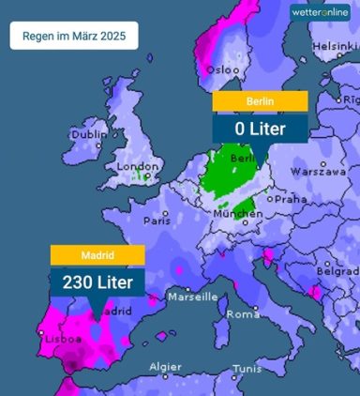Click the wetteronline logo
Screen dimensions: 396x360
320,12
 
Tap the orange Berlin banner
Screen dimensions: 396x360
260,100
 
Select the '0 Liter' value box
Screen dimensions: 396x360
260,127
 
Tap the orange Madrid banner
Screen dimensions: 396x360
97,254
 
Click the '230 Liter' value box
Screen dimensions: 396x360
97,281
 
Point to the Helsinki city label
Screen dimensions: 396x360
335,45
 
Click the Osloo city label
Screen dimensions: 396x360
223,69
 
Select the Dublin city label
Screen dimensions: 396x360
90,134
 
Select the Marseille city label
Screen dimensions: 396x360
192,297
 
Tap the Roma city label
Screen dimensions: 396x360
243,313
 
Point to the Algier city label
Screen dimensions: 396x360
166,367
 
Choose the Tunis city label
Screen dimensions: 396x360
248,369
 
